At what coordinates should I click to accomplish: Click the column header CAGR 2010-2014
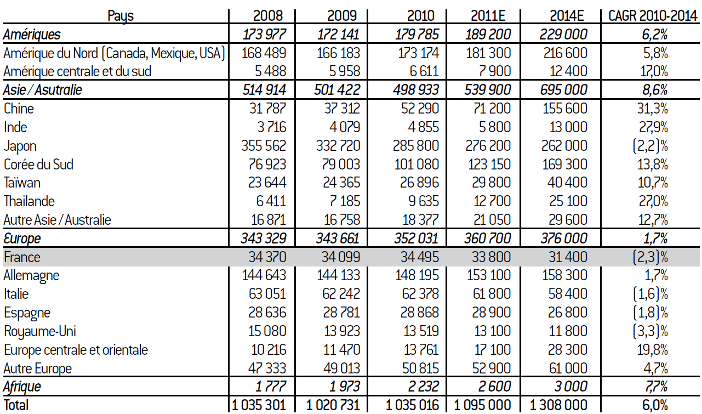652,16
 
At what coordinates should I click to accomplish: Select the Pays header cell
121,16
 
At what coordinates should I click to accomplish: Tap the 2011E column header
490,16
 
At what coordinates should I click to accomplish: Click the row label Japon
20,146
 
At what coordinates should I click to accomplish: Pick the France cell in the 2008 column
264,257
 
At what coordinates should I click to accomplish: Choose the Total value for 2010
412,405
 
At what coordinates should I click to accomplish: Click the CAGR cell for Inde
652,127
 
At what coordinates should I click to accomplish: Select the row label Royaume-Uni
39,331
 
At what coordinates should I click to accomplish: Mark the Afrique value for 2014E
567,387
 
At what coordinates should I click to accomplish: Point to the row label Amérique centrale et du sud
77,71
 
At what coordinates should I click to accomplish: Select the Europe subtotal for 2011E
488,239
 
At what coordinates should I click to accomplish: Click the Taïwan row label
22,183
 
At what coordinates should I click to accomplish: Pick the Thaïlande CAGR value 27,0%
652,201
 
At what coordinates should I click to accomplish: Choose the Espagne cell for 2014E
568,313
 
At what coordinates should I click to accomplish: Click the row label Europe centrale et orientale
76,350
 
